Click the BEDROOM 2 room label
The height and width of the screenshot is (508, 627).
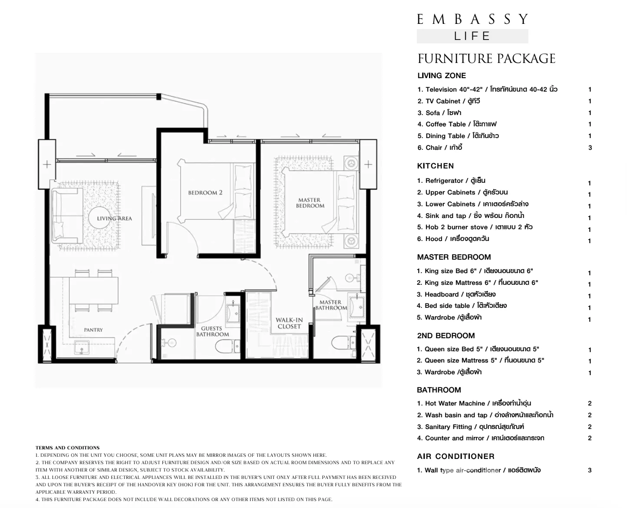205,193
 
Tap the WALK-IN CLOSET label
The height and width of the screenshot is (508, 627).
289,323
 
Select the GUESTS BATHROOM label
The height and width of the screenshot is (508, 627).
212,331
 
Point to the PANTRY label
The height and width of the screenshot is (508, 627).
93,330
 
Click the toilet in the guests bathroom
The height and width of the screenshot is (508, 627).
227,346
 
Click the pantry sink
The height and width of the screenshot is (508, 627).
82,347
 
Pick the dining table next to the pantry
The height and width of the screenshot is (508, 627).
94,290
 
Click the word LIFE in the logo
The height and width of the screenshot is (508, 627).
472,36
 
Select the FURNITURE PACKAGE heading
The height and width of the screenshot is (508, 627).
486,59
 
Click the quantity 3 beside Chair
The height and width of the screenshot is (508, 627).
590,148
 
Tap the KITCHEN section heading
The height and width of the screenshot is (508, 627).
436,166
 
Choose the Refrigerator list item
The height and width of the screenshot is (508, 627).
451,181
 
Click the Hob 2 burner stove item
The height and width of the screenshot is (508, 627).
475,227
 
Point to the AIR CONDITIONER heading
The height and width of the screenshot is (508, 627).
455,456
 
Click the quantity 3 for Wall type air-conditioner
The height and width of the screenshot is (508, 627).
590,470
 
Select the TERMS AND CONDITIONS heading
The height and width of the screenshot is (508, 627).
67,448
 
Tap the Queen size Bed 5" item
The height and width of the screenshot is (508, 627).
478,350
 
